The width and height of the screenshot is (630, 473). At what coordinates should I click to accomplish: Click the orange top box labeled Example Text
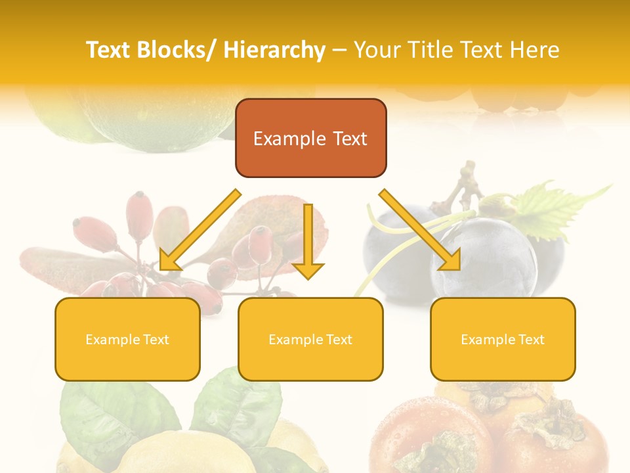[310, 138]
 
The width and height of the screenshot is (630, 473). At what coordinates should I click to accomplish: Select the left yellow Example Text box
[127, 339]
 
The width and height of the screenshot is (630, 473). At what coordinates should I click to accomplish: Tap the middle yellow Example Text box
[310, 339]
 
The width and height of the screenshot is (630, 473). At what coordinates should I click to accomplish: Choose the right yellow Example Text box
[503, 339]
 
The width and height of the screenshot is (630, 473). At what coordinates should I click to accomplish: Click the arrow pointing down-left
[200, 230]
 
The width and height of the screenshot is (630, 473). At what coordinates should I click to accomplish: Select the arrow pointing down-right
[420, 230]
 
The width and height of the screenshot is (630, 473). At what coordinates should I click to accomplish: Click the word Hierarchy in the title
[274, 51]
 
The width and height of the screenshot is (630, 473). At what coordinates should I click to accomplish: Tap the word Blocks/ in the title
[177, 51]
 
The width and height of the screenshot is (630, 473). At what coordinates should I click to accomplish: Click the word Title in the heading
[427, 51]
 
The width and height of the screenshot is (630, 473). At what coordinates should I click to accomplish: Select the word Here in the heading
[535, 51]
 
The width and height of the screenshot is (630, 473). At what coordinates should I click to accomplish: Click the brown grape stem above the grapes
[468, 181]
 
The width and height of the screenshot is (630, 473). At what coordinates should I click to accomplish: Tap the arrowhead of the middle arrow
[308, 270]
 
